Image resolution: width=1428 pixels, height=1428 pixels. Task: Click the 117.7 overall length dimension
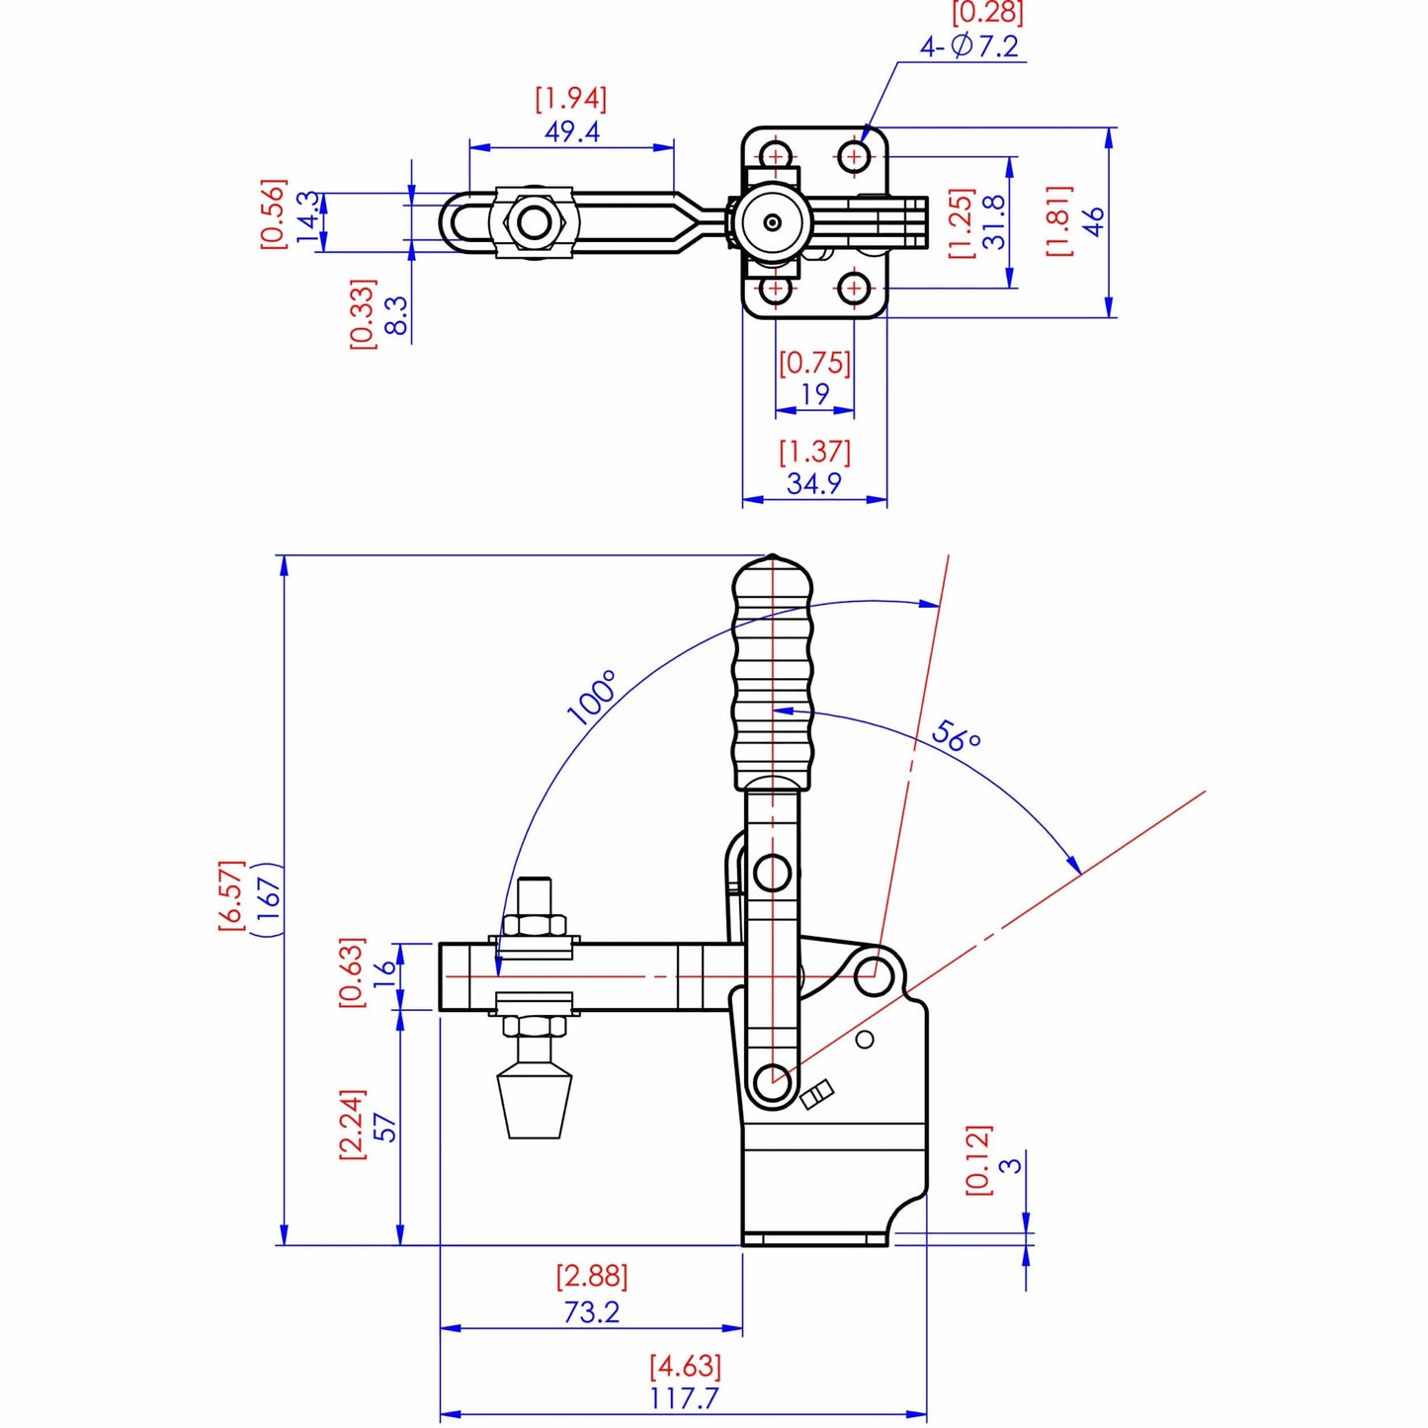(x=684, y=1398)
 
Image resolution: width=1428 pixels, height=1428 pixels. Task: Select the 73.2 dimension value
(x=591, y=1311)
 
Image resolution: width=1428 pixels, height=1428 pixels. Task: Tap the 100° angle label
(x=592, y=697)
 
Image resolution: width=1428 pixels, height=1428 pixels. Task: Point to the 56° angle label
(x=956, y=735)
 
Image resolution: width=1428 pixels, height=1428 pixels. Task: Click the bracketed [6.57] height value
(x=230, y=893)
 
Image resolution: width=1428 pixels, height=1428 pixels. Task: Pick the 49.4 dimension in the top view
(x=571, y=131)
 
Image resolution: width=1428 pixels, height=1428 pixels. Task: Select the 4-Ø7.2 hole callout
(x=968, y=46)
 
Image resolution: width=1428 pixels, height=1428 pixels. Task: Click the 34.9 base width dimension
(x=813, y=483)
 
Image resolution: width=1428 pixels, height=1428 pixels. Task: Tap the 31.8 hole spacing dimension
(x=993, y=221)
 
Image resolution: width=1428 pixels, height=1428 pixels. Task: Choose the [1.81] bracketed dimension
(x=1058, y=220)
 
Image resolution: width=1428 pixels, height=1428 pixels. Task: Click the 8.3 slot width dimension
(x=394, y=315)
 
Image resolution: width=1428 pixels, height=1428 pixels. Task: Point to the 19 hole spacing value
(x=814, y=393)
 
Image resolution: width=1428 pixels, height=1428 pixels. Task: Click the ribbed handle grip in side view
(x=773, y=672)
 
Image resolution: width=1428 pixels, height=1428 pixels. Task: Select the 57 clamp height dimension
(x=385, y=1127)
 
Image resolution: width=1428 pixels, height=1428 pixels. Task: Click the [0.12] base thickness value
(x=977, y=1159)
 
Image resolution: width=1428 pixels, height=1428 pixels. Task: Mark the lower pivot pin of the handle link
(x=772, y=1079)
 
